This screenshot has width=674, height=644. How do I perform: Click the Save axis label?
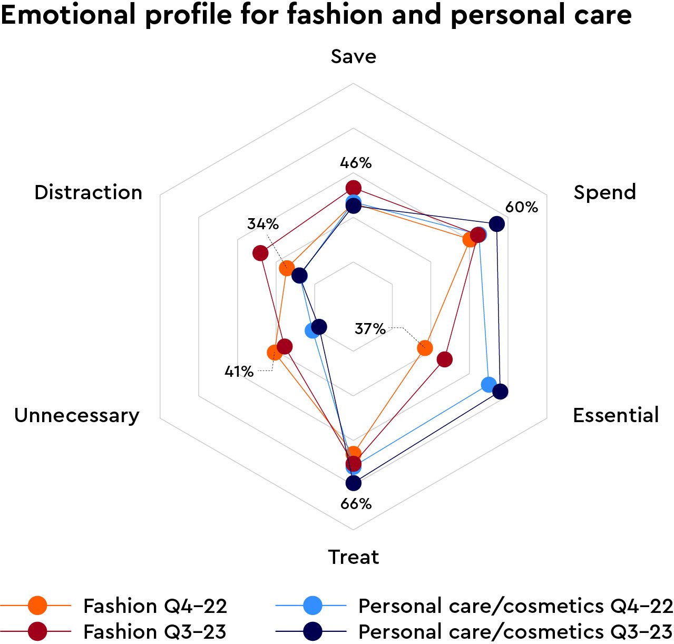(354, 56)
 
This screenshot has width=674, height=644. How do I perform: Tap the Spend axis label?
(604, 192)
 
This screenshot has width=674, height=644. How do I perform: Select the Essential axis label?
(616, 415)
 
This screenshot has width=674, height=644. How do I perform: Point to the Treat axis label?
(354, 557)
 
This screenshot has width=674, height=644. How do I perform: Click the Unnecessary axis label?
(77, 415)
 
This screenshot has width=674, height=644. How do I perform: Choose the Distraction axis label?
(89, 192)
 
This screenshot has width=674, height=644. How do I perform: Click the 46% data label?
(356, 163)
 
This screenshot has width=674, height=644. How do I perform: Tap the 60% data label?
(522, 207)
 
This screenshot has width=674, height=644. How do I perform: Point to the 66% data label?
(356, 504)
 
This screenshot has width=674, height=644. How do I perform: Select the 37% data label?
(370, 329)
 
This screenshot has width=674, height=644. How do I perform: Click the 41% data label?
(239, 372)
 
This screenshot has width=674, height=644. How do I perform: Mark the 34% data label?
(263, 224)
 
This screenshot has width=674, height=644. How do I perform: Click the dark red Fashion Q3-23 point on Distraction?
(260, 253)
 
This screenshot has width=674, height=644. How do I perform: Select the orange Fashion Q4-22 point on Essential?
(425, 348)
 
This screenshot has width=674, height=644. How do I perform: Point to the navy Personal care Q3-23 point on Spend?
(496, 224)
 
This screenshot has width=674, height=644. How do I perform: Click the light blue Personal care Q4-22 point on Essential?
(489, 384)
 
